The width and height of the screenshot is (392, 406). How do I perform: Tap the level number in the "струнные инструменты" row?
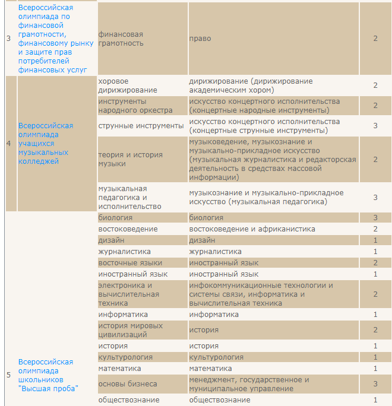375,126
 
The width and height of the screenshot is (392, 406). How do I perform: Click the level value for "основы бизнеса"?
375,384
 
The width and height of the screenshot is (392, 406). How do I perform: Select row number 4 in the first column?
8,144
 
